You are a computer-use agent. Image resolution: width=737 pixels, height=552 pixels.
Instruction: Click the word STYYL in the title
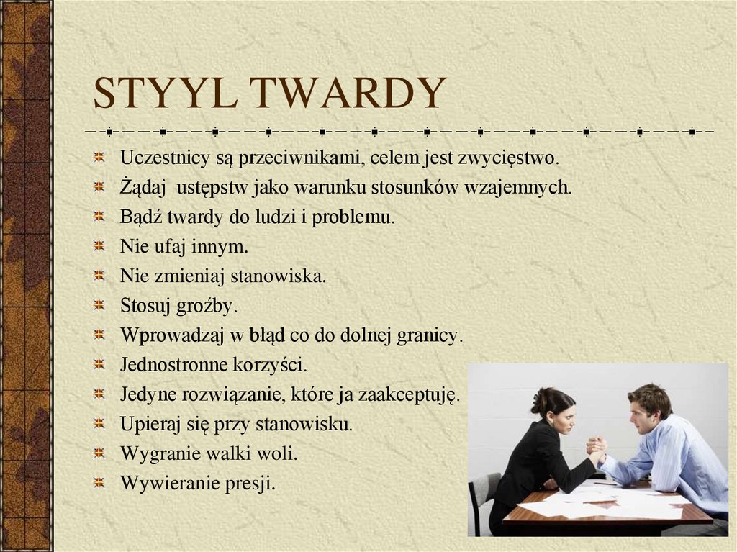(166, 94)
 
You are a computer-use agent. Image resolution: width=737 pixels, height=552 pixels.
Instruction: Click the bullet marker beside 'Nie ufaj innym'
(101, 246)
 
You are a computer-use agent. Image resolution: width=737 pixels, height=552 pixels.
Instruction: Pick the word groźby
(209, 306)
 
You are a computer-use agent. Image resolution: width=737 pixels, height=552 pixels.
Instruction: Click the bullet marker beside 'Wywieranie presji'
(101, 483)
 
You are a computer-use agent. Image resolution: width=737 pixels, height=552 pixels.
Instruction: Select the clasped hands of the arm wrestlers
(596, 448)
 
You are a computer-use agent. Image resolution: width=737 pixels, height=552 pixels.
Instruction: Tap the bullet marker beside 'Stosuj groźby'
(101, 305)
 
